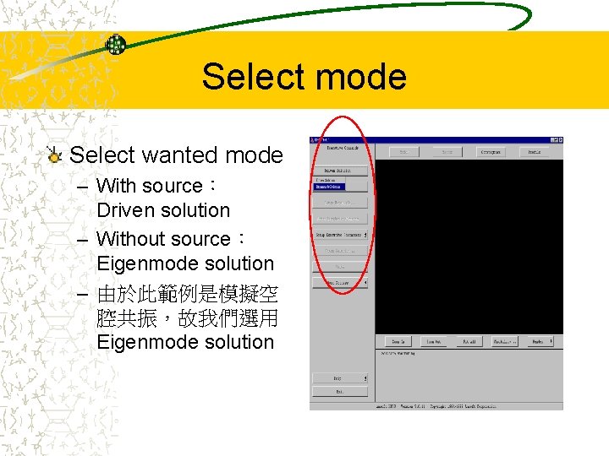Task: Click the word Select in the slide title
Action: pyautogui.click(x=246, y=77)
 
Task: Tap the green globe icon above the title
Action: pyautogui.click(x=116, y=45)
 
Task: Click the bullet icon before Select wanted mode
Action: pyautogui.click(x=55, y=155)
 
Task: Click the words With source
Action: pyautogui.click(x=150, y=186)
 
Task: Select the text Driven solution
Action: pyautogui.click(x=163, y=210)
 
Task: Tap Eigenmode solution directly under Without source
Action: pyautogui.click(x=185, y=263)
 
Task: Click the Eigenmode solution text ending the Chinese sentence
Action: pyautogui.click(x=185, y=342)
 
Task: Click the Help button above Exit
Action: pyautogui.click(x=339, y=377)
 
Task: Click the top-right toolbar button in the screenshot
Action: pyautogui.click(x=535, y=152)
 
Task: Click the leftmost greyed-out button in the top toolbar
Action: pyautogui.click(x=404, y=152)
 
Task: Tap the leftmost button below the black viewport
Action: pyautogui.click(x=396, y=341)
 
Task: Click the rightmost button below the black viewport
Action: pyautogui.click(x=538, y=341)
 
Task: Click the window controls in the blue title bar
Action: pyautogui.click(x=554, y=139)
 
